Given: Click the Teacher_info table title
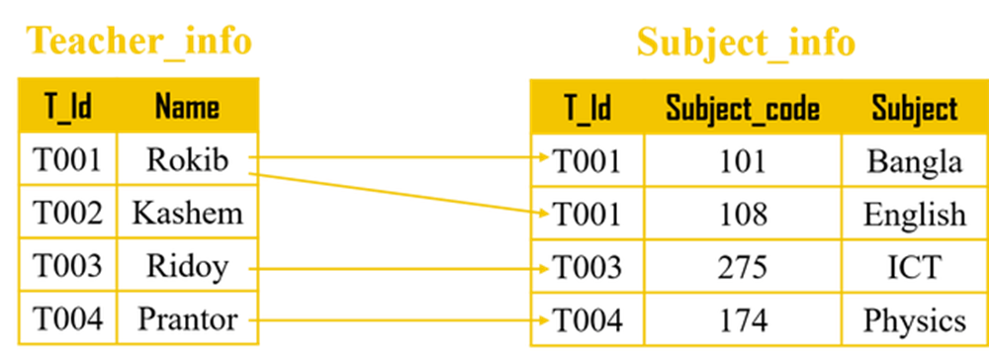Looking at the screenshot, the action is [138, 43].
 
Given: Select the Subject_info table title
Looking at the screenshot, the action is [746, 44].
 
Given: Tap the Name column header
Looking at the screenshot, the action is [187, 106].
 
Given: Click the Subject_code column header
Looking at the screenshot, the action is [743, 109].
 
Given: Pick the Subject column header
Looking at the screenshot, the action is [915, 109].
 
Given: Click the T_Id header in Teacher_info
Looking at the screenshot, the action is [68, 106].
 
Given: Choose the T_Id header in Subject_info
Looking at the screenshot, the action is [587, 109].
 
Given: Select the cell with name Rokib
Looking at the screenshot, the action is [187, 159].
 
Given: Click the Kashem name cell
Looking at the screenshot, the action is [187, 213].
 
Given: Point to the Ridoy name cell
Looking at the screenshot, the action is [187, 266].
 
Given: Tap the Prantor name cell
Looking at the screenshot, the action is [187, 319].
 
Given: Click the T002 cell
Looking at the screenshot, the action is [67, 213].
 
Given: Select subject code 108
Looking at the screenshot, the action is [743, 214].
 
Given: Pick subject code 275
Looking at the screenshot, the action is [743, 267].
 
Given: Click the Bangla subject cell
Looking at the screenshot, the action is [915, 161].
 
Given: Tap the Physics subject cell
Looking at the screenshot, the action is [915, 320].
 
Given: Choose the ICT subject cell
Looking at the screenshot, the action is [915, 267].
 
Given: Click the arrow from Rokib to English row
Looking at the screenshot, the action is [400, 194].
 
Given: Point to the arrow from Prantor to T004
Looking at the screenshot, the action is [400, 320].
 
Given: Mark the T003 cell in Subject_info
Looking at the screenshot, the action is [587, 267].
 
